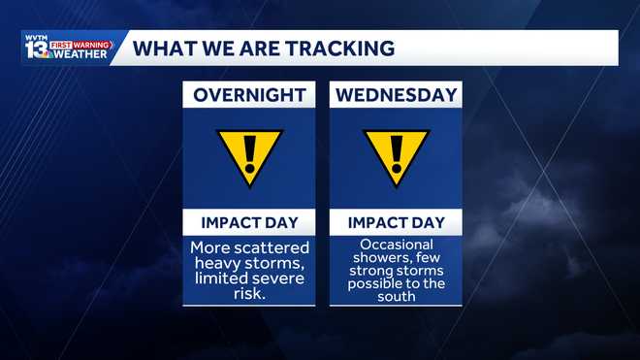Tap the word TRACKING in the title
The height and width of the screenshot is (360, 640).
click(339, 48)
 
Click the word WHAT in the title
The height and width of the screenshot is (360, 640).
click(161, 48)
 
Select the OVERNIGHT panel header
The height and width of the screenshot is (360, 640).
click(249, 95)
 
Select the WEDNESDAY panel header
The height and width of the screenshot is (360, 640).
click(396, 95)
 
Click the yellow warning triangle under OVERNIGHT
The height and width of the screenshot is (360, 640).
click(249, 157)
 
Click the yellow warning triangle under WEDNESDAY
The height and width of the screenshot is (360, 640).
click(396, 157)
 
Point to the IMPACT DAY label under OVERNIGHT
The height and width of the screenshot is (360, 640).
click(249, 222)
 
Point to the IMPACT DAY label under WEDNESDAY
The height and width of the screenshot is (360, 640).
click(396, 222)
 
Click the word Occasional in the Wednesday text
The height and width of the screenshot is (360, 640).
click(396, 245)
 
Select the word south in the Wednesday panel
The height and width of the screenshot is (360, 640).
click(396, 296)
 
